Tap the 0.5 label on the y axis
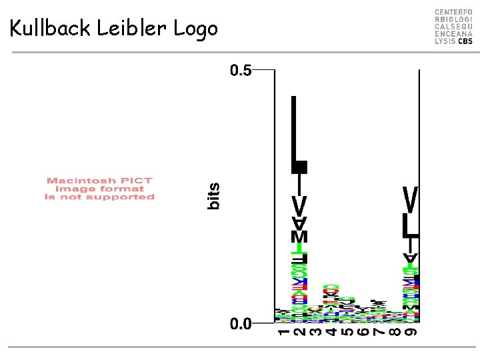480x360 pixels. tap(241, 70)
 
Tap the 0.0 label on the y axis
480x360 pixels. tap(241, 324)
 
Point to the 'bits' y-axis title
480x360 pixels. tap(213, 197)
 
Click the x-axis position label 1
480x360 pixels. tap(283, 333)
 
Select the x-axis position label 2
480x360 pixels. tap(299, 333)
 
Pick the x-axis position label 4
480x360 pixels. tap(330, 333)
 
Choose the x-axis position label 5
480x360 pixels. tap(346, 333)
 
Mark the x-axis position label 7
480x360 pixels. tap(378, 333)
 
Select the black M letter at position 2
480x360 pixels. tap(300, 237)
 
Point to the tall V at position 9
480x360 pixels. tap(411, 199)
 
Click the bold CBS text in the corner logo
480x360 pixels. tap(465, 41)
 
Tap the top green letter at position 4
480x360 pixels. tap(330, 289)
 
